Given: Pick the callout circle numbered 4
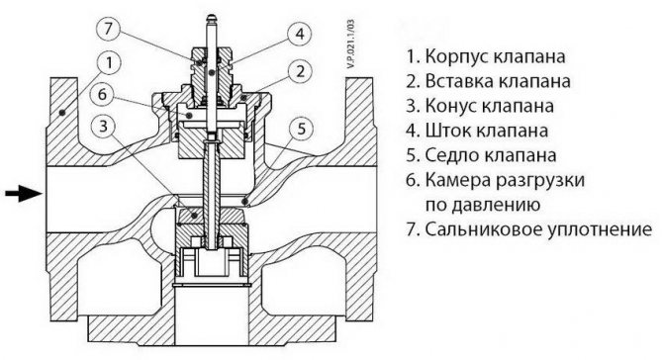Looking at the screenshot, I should [296, 33].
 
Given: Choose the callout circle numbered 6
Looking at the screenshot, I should [105, 96].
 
